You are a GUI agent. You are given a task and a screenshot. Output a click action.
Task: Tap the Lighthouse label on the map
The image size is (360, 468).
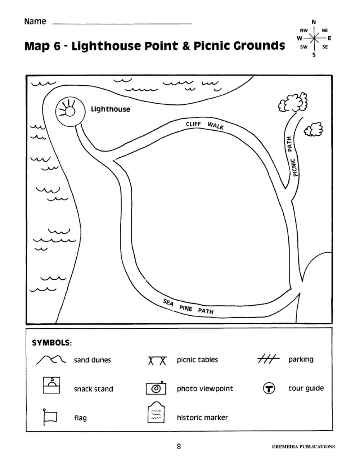(111, 109)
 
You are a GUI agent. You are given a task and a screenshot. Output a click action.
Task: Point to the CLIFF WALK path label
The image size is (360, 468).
(205, 125)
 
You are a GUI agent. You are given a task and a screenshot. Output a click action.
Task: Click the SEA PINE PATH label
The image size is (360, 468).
(188, 307)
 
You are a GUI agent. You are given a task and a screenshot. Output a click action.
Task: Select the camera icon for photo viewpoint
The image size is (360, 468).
(156, 388)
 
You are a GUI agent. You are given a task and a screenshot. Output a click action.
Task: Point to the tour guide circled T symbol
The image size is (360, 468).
(269, 388)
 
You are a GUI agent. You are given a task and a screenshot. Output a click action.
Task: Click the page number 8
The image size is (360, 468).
(179, 447)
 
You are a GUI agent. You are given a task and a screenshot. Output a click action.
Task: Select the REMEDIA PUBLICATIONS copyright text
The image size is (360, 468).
(303, 447)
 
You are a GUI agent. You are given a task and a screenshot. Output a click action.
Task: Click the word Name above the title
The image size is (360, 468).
(35, 22)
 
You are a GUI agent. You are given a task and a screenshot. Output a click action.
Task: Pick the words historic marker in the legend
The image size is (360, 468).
(202, 418)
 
